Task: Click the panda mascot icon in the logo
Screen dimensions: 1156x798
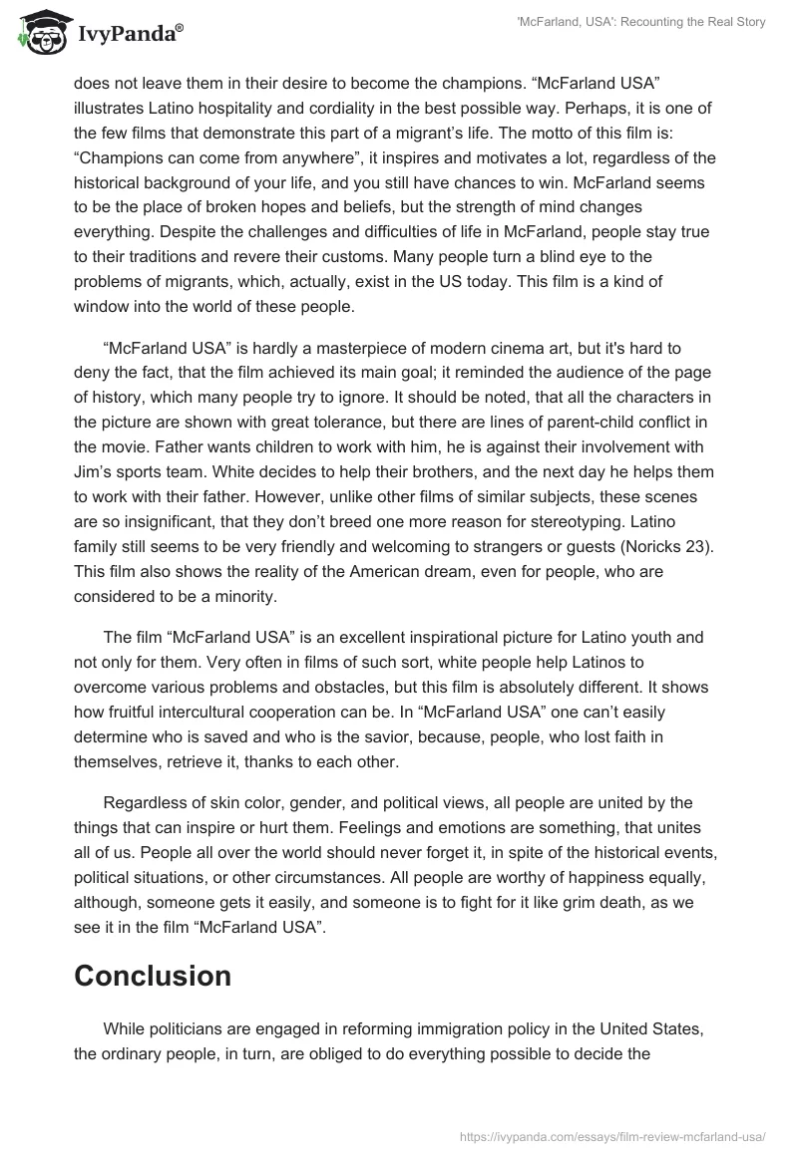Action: (41, 33)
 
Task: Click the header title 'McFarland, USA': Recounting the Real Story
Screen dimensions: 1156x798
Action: (641, 22)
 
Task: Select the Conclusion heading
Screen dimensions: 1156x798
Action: (153, 976)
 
